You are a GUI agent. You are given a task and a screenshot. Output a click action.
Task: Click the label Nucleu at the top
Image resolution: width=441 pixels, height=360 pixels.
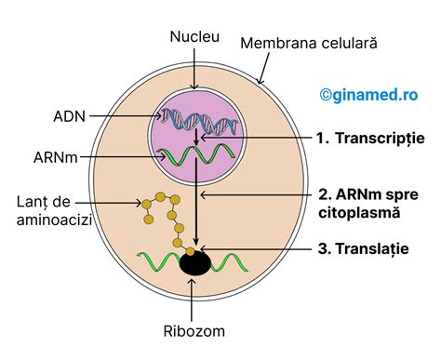click(195, 37)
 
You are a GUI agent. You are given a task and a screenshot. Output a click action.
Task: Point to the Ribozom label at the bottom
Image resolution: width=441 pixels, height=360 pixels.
click(194, 330)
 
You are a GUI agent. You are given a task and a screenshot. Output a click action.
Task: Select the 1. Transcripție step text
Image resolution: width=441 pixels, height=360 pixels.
click(369, 138)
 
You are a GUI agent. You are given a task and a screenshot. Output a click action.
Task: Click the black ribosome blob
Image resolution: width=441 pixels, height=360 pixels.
click(194, 263)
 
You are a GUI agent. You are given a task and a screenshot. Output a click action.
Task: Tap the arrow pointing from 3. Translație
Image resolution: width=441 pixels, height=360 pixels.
click(261, 249)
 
